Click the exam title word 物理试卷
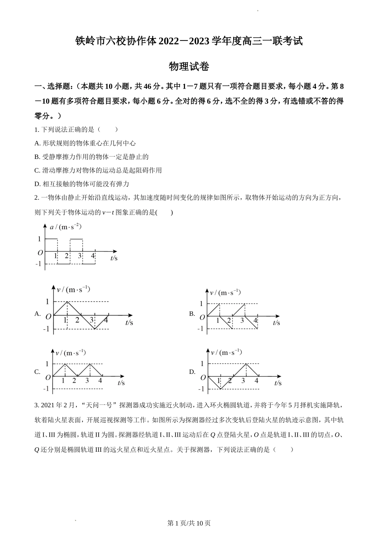point(189,67)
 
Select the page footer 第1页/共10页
point(189,523)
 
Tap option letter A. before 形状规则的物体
point(38,143)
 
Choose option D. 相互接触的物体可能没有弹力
point(82,184)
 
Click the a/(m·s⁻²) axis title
point(66,227)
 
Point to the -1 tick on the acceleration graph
point(39,264)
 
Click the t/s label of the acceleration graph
point(114,258)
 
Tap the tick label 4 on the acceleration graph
point(93,256)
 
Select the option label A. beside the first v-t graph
point(38,314)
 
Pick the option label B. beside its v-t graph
point(192,314)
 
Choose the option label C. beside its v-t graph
point(38,372)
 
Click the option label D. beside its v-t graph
point(192,372)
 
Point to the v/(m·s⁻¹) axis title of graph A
point(73,290)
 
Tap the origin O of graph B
point(202,317)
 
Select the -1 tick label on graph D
point(201,389)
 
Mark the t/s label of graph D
point(278,383)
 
